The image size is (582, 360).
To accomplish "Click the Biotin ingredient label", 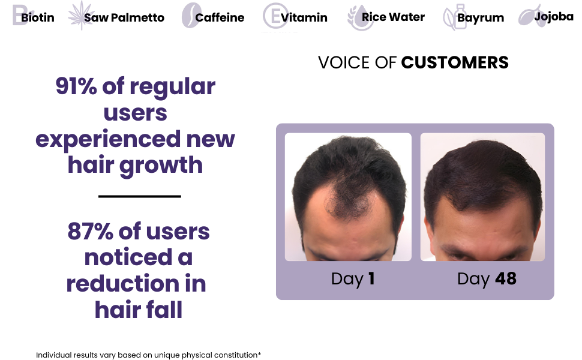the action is coord(37,17).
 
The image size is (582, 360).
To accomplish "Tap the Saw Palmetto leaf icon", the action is coord(81,16).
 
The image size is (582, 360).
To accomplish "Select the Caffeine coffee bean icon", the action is coord(191,16).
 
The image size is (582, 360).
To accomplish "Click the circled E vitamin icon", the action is coord(275,16).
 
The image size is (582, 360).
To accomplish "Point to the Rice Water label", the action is coord(393,17).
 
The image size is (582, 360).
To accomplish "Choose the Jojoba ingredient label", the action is coord(554,17).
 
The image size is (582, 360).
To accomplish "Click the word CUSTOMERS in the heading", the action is coord(455,62).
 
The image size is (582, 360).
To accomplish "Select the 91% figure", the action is coord(76,86).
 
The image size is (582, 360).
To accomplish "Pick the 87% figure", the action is coord(90,231).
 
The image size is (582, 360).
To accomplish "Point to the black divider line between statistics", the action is coord(140,196).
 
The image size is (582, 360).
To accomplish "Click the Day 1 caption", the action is coord(353,279).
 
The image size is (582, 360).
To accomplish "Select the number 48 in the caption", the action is coord(506,279).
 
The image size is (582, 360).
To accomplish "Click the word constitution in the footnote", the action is coord(235,355).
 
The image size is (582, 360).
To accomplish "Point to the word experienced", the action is coord(108,140).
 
